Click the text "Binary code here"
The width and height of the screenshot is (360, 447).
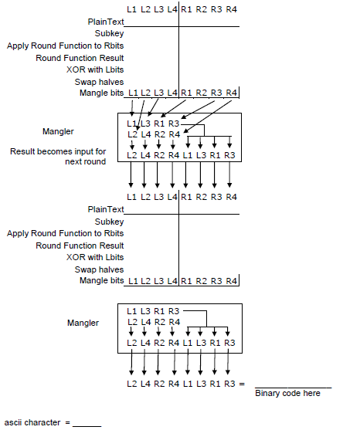pyautogui.click(x=287, y=394)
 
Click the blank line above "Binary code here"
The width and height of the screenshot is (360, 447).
pyautogui.click(x=293, y=387)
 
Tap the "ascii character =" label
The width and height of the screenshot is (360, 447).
pyautogui.click(x=37, y=423)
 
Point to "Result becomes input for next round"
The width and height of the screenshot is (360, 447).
pyautogui.click(x=58, y=157)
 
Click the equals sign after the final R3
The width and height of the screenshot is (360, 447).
pyautogui.click(x=242, y=384)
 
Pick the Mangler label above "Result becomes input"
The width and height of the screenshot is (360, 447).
pyautogui.click(x=59, y=132)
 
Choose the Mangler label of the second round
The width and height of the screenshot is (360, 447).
pyautogui.click(x=83, y=323)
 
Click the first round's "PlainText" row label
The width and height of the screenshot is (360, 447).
pyautogui.click(x=106, y=22)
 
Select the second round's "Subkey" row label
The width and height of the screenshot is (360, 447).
pyautogui.click(x=110, y=222)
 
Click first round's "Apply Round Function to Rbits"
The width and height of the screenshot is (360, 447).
pyautogui.click(x=65, y=46)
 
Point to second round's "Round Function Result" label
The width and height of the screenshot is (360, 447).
pyautogui.click(x=80, y=246)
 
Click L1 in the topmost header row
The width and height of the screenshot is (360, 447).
pyautogui.click(x=131, y=8)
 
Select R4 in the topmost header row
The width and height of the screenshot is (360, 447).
pyautogui.click(x=231, y=8)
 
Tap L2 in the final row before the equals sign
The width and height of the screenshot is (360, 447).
pyautogui.click(x=131, y=384)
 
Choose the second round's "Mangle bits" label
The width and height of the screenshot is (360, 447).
pyautogui.click(x=102, y=281)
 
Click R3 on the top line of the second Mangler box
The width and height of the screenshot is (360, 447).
pyautogui.click(x=174, y=310)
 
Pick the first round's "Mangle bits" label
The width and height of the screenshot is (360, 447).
pyautogui.click(x=102, y=93)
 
